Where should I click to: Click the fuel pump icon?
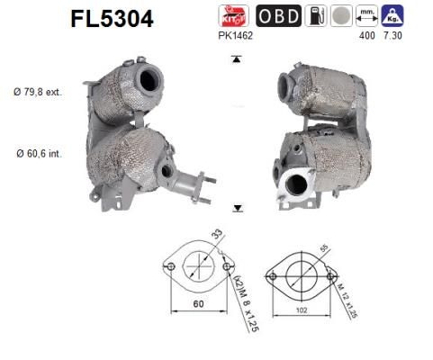pyautogui.click(x=316, y=15)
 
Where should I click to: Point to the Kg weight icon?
pyautogui.click(x=392, y=15)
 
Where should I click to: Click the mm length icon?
pyautogui.click(x=365, y=15)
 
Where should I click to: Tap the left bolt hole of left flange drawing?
pyautogui.click(x=169, y=266)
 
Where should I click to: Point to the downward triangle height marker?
pyautogui.click(x=237, y=208)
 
